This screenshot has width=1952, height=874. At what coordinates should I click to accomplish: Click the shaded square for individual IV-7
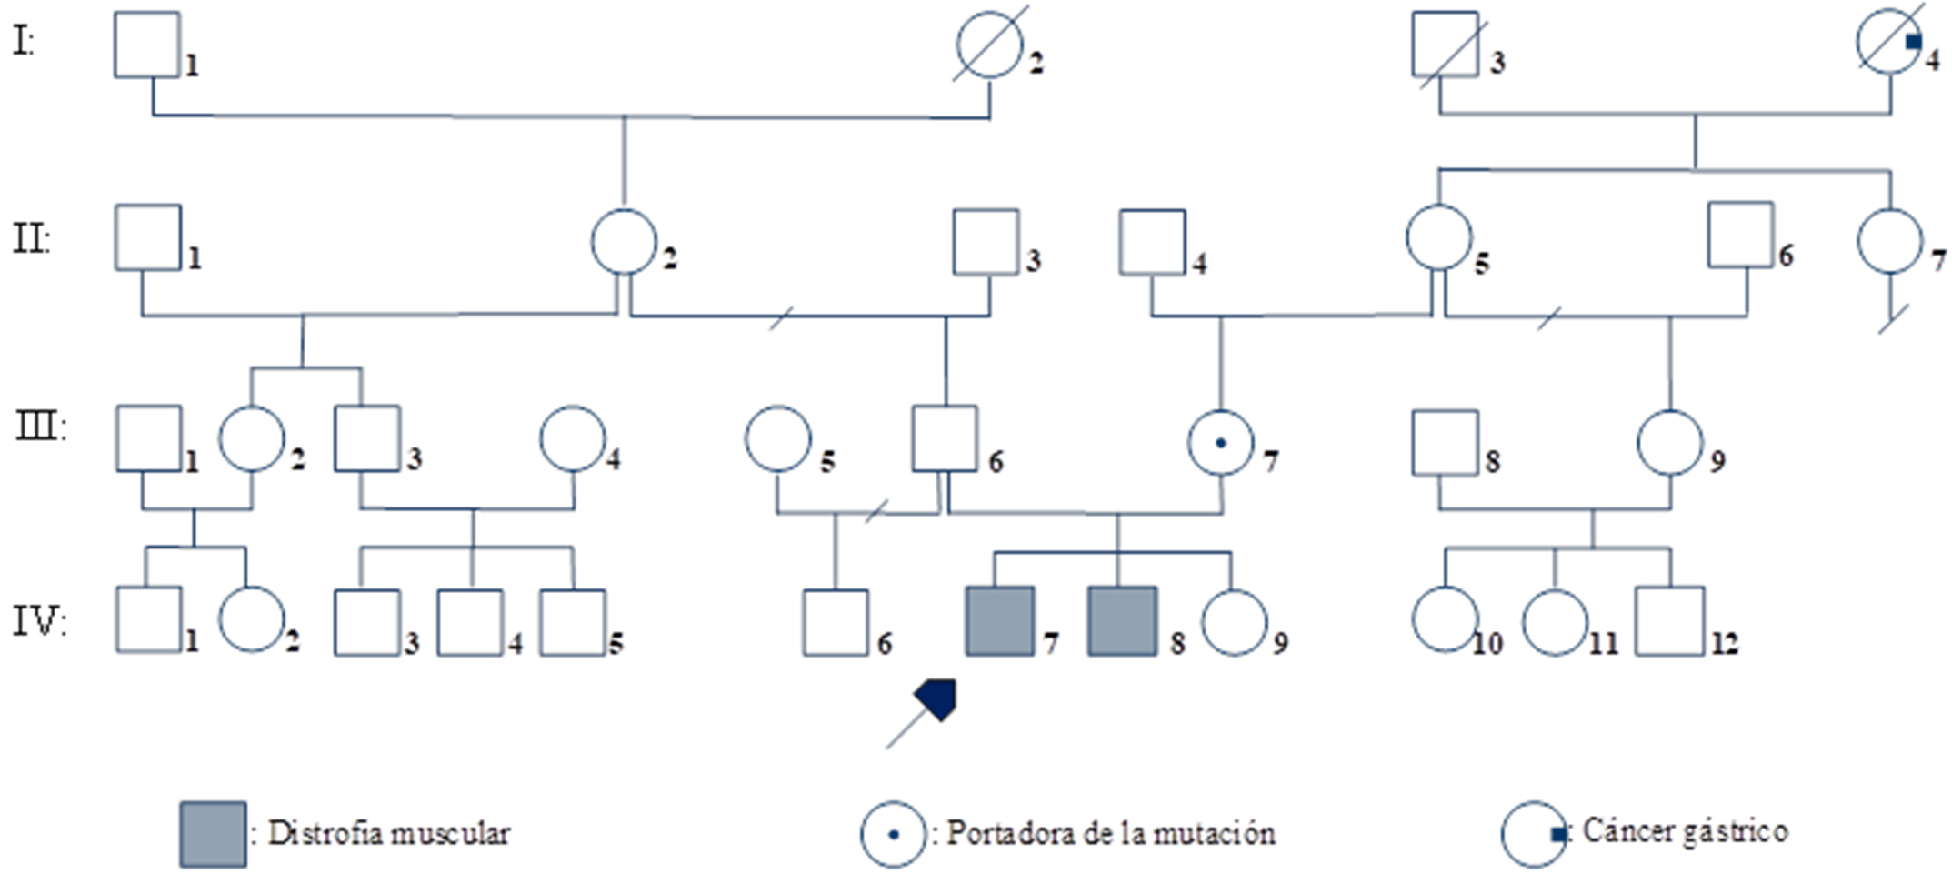(x=999, y=621)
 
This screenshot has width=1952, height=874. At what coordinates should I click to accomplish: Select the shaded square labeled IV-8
(x=1122, y=621)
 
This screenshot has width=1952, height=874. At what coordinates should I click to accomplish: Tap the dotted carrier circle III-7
(x=1220, y=443)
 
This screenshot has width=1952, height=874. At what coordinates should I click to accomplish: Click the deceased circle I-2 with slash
(x=989, y=44)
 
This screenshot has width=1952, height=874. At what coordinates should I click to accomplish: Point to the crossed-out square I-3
(x=1445, y=44)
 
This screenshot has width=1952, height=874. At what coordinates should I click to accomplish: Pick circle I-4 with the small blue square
(x=1889, y=41)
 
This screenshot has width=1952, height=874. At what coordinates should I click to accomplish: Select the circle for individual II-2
(x=624, y=241)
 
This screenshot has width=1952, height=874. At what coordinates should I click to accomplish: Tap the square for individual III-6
(x=945, y=438)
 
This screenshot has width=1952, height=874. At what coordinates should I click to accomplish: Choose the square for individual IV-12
(x=1669, y=621)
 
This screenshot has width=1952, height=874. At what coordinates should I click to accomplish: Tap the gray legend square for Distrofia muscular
(x=213, y=833)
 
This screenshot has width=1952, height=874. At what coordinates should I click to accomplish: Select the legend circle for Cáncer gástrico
(x=1533, y=833)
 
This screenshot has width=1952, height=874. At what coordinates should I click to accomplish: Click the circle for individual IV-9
(x=1234, y=623)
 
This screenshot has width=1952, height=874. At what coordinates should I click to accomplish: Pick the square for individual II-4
(x=1152, y=242)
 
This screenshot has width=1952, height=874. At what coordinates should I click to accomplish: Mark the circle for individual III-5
(x=777, y=438)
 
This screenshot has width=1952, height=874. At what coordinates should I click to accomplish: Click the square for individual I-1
(x=146, y=45)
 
